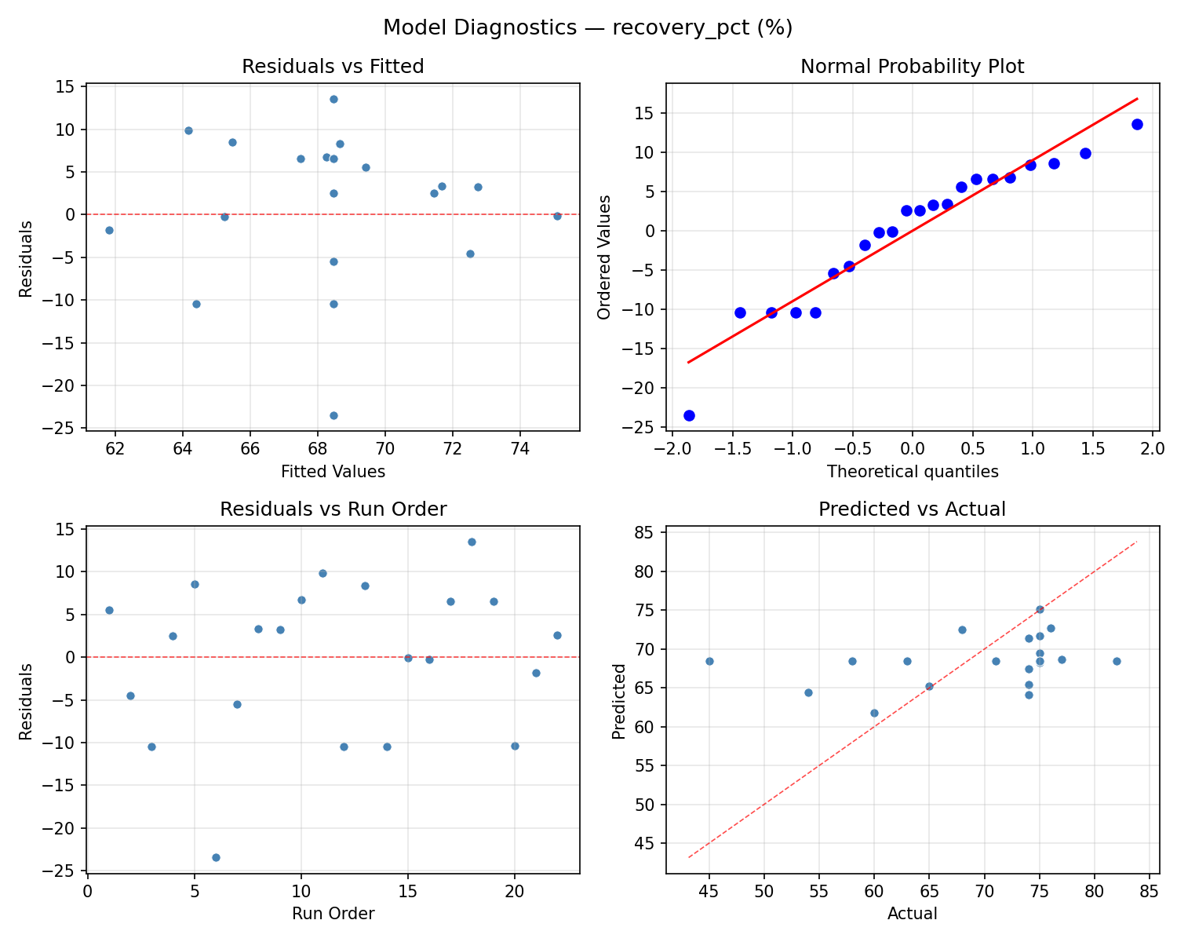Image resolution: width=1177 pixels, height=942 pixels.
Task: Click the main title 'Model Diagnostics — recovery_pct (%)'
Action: pyautogui.click(x=588, y=28)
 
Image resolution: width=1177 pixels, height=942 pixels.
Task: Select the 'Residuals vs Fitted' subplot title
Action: pyautogui.click(x=333, y=67)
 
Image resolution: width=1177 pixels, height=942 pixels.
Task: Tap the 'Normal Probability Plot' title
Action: pyautogui.click(x=912, y=67)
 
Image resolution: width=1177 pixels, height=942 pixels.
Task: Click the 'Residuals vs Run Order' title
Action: pyautogui.click(x=333, y=509)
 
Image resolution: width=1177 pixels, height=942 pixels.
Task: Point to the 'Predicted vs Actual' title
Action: pyautogui.click(x=912, y=509)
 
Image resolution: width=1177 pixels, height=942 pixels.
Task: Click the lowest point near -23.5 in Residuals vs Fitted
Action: pyautogui.click(x=333, y=415)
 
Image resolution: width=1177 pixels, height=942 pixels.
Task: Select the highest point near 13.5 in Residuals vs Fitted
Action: pyautogui.click(x=333, y=99)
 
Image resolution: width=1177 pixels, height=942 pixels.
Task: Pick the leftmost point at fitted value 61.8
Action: pyautogui.click(x=109, y=230)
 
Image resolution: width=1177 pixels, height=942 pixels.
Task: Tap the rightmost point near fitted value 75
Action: pyautogui.click(x=557, y=216)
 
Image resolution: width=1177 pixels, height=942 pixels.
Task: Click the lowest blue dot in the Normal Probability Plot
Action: pyautogui.click(x=689, y=415)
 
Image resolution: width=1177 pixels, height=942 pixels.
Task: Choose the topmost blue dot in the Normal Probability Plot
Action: pyautogui.click(x=1137, y=124)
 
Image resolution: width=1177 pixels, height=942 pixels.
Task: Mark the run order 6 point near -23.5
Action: pyautogui.click(x=216, y=857)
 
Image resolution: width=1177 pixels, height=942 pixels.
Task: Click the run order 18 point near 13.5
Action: pyautogui.click(x=472, y=542)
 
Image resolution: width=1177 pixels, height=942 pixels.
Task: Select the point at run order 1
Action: pyautogui.click(x=109, y=610)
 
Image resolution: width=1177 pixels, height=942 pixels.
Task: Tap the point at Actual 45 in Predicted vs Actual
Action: pyautogui.click(x=709, y=661)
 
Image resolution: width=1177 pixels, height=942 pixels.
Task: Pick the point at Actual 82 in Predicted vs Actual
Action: pyautogui.click(x=1117, y=661)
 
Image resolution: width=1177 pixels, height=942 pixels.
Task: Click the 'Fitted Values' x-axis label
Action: pyautogui.click(x=333, y=472)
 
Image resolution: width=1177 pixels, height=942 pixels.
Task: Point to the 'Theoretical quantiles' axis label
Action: pyautogui.click(x=912, y=472)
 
